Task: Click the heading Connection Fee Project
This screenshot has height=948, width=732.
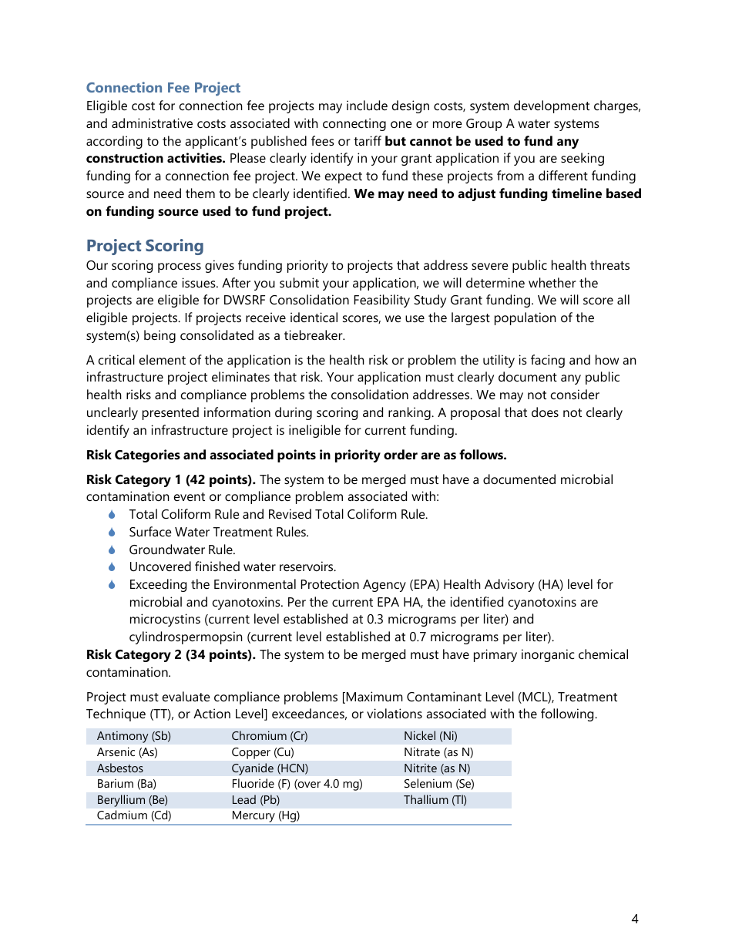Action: coord(163,88)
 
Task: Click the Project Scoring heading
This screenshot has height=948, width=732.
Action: coord(145,246)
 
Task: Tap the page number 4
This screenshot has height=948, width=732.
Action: coord(634,919)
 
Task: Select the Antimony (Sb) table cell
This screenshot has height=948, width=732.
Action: coord(134,736)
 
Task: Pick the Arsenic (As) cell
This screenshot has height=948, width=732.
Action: coord(127,752)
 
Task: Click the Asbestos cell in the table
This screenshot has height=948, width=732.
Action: coord(120,768)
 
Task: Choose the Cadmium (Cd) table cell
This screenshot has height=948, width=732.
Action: coord(134,815)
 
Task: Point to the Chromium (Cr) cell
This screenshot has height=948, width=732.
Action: coord(269,736)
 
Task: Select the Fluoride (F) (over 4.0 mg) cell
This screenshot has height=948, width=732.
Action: coord(297,784)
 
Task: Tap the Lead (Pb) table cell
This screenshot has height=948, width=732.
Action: coord(255,800)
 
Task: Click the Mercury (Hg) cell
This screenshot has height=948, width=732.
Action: coord(265,815)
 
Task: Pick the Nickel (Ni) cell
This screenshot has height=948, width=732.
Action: coord(430,736)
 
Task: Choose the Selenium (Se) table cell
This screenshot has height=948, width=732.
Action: coord(438,784)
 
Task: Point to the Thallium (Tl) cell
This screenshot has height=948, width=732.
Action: coord(435,800)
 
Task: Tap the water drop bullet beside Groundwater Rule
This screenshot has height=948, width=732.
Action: coord(112,550)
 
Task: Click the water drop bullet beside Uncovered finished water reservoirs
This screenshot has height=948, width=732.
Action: coord(112,567)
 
